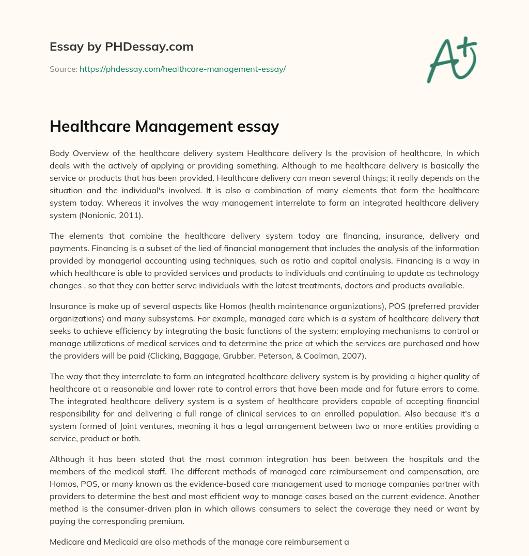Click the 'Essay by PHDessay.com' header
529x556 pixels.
(121, 47)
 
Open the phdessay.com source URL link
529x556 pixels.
(182, 69)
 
